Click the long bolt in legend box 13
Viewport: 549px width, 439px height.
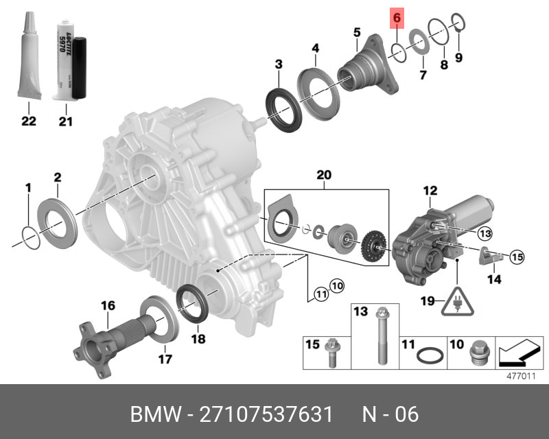[380, 337]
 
